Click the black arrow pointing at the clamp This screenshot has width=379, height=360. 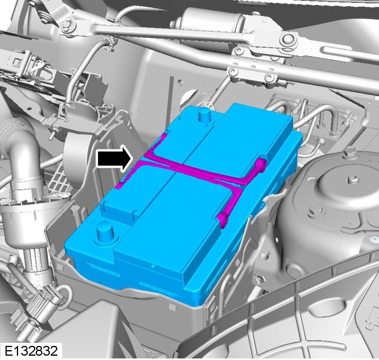114,159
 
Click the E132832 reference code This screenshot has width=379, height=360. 31,351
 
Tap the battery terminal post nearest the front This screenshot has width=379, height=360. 106,232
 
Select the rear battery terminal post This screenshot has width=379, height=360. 205,115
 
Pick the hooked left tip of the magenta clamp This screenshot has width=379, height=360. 119,185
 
